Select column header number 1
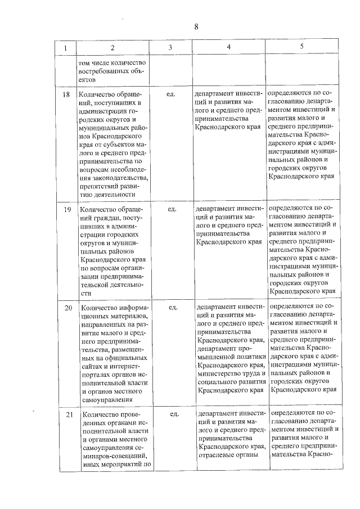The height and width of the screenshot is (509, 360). tap(66, 49)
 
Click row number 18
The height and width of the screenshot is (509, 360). tap(66, 94)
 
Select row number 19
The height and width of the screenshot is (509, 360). tap(67, 209)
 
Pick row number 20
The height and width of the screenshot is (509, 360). tap(68, 308)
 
